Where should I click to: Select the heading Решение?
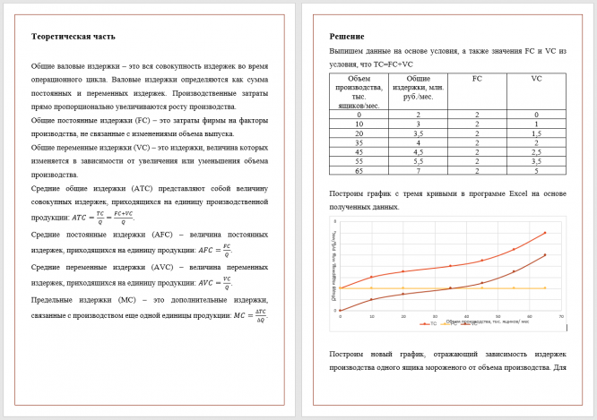(347, 37)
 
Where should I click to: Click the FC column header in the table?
(477, 79)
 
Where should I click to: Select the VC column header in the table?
(536, 79)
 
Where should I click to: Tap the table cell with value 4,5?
(418, 150)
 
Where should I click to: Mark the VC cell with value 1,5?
(536, 133)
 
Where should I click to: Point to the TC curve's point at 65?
(545, 233)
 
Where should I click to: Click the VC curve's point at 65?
(545, 254)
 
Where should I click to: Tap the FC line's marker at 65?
(545, 287)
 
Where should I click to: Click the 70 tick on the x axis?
(561, 316)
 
